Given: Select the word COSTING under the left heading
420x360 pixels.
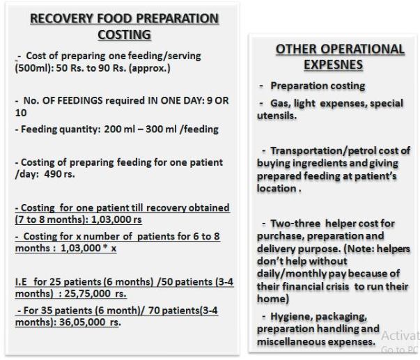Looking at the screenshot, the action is pos(124,35).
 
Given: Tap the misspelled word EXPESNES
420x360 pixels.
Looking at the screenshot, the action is pos(333,65).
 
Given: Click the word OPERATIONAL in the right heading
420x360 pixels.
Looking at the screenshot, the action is pos(363,49).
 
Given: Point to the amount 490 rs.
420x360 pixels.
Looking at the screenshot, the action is pos(59,174).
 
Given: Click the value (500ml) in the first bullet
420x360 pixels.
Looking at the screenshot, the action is pos(34,68).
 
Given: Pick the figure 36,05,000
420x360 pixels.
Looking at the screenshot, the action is pos(82,322).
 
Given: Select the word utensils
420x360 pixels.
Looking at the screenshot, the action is pos(277,116).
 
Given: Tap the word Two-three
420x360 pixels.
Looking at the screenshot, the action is pos(295,224).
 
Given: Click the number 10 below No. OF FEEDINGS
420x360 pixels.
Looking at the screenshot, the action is pos(21,113).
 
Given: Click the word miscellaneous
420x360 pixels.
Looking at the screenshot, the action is pos(291,342).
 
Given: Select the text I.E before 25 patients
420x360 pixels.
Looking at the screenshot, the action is pos(21,282).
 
